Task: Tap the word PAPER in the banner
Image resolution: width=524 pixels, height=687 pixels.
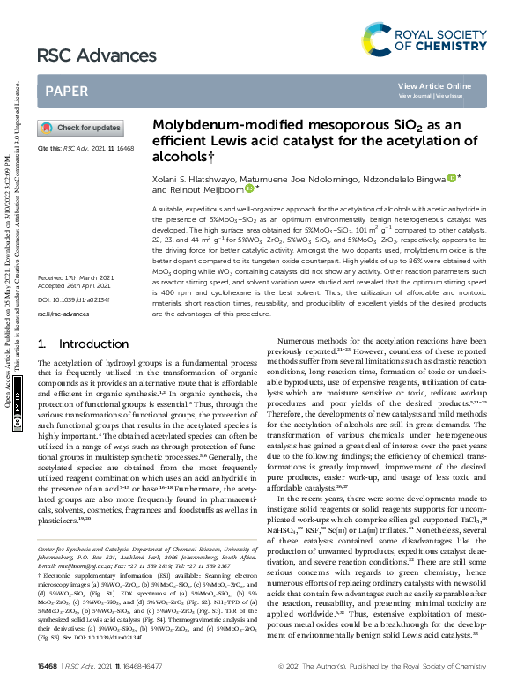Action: click(66, 91)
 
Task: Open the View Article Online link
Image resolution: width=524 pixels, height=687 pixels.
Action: click(434, 85)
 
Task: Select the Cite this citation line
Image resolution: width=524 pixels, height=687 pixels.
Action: click(85, 150)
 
